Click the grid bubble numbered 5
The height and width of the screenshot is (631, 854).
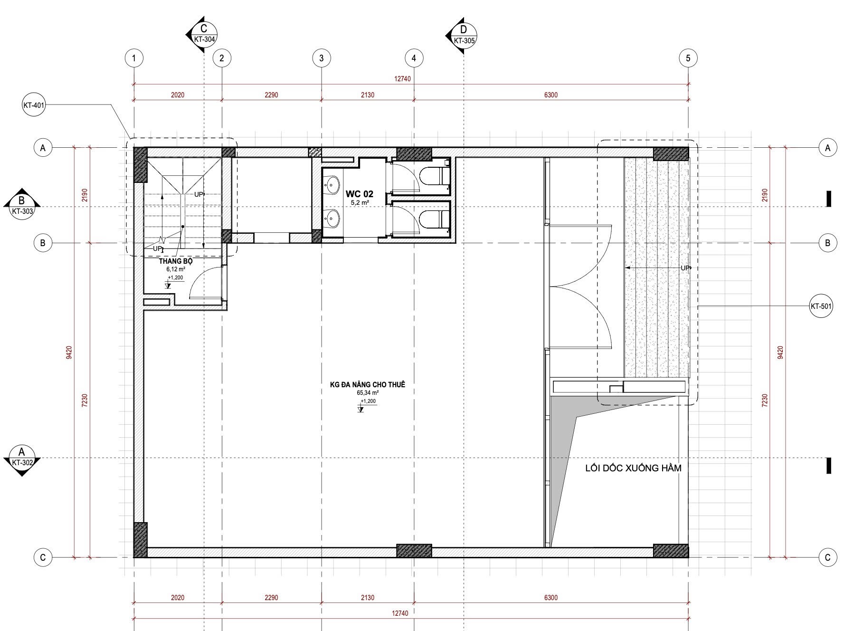pyautogui.click(x=688, y=58)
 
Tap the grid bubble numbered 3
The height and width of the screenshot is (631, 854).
pyautogui.click(x=322, y=58)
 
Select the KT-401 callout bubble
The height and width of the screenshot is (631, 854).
pyautogui.click(x=34, y=105)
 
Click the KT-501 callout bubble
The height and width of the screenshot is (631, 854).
pyautogui.click(x=821, y=306)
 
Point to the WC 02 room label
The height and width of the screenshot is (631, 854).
pyautogui.click(x=359, y=194)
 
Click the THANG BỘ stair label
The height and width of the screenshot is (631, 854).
pyautogui.click(x=176, y=261)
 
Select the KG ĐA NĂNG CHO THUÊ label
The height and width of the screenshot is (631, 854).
pyautogui.click(x=368, y=384)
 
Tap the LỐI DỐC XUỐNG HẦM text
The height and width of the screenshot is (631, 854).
pyautogui.click(x=633, y=468)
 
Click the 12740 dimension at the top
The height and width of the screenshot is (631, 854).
pyautogui.click(x=402, y=79)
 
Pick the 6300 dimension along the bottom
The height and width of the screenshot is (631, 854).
pyautogui.click(x=551, y=598)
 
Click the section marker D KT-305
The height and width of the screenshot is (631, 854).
pyautogui.click(x=462, y=35)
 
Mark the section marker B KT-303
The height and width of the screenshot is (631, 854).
pyautogui.click(x=21, y=206)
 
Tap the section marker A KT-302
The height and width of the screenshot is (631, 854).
pyautogui.click(x=21, y=458)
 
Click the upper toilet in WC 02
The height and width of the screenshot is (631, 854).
pyautogui.click(x=435, y=176)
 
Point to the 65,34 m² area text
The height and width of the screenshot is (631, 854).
pyautogui.click(x=368, y=393)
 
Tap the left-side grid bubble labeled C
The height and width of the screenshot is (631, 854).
pyautogui.click(x=43, y=557)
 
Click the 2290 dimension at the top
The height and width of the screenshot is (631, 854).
pyautogui.click(x=271, y=95)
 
